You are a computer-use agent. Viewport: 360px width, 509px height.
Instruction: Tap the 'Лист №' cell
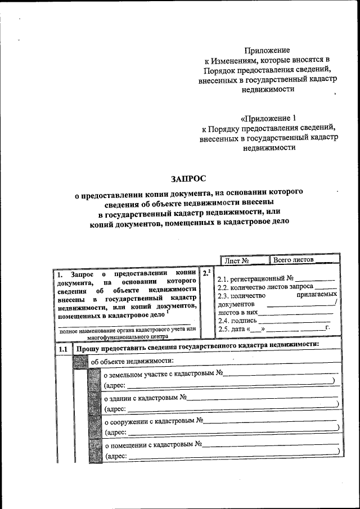[x=236, y=260]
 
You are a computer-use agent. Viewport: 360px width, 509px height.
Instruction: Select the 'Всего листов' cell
[x=293, y=260]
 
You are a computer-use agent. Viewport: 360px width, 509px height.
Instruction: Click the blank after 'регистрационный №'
[x=315, y=278]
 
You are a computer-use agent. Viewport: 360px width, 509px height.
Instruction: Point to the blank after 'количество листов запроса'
[x=326, y=287]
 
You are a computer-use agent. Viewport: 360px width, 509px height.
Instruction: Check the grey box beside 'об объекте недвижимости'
[x=80, y=361]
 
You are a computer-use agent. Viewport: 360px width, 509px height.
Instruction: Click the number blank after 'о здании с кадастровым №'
[x=262, y=398]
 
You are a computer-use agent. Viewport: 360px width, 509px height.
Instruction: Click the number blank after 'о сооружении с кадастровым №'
[x=270, y=421]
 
